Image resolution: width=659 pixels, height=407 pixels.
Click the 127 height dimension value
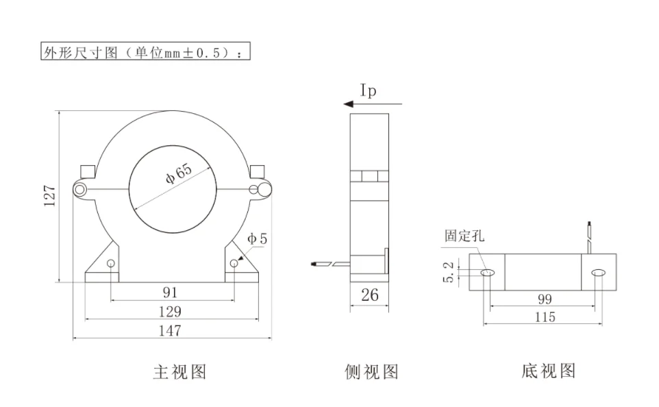49,195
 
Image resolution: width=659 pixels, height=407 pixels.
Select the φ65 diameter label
179,173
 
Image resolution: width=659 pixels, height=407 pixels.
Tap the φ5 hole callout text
257,239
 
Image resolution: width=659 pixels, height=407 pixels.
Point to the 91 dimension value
170,292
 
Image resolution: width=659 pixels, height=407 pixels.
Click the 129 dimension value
170,312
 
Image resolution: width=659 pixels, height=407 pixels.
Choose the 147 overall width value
170,331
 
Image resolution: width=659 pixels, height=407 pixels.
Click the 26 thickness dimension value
370,295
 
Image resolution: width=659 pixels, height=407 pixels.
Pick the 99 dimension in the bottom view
545,299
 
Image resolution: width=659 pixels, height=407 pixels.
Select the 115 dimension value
545,317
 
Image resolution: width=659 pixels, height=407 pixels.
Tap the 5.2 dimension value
449,272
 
